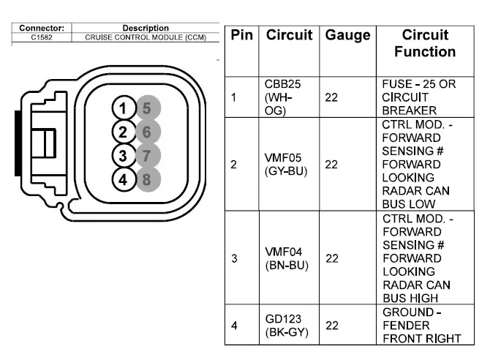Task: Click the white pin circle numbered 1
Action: click(x=124, y=109)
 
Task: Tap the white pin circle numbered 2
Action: click(x=124, y=132)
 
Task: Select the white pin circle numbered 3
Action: click(x=124, y=155)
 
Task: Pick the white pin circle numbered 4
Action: click(x=124, y=178)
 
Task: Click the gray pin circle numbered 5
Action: click(x=147, y=109)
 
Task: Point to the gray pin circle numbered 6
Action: click(x=147, y=132)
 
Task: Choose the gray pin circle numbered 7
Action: click(x=147, y=155)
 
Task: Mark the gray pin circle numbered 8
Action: click(x=147, y=178)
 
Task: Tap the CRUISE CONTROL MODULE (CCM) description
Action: click(x=146, y=37)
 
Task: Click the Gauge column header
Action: click(x=347, y=35)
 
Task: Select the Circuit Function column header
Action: click(x=424, y=43)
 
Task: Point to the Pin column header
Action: click(x=242, y=35)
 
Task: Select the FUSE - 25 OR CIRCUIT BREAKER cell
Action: click(x=418, y=97)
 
